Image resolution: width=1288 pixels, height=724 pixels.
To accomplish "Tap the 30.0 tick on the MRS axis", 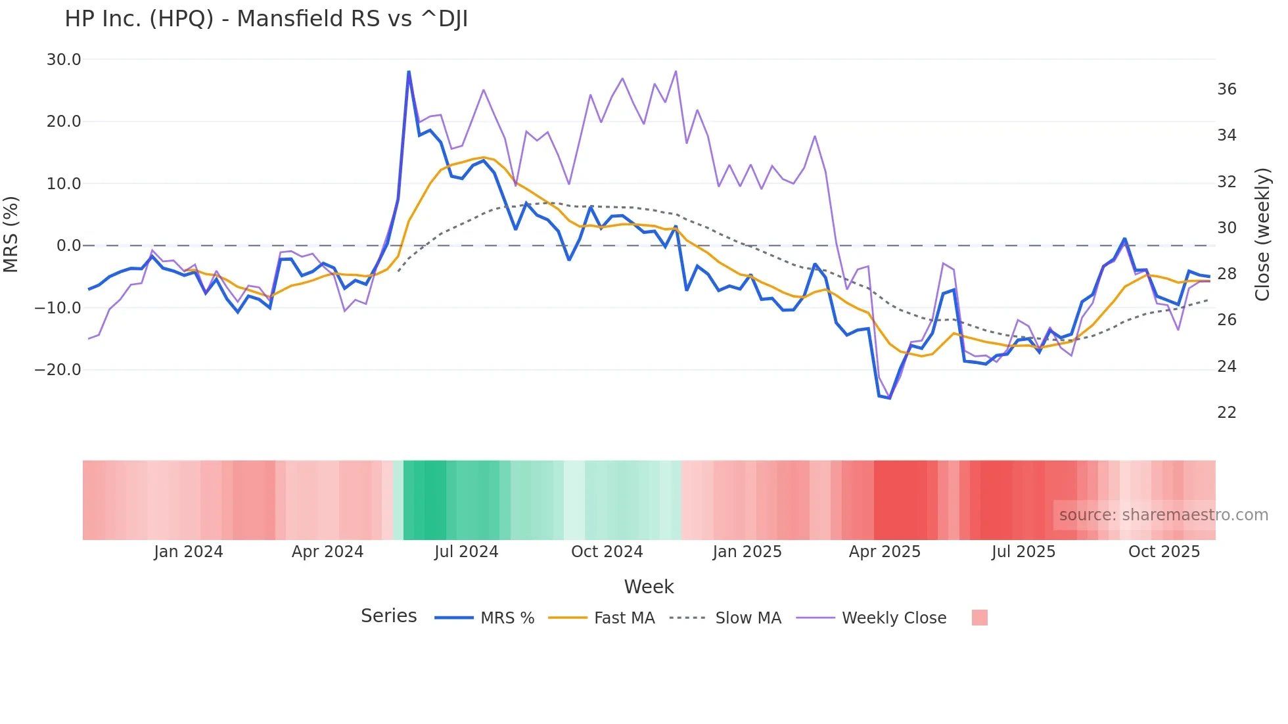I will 64,60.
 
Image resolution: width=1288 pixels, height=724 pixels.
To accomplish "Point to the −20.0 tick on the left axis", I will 58,370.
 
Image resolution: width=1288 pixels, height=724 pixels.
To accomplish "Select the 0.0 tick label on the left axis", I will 68,246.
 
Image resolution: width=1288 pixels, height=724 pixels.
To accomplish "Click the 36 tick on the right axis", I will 1226,89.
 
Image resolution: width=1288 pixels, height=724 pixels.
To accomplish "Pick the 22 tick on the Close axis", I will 1226,413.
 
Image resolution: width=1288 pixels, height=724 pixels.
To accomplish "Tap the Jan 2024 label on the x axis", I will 189,552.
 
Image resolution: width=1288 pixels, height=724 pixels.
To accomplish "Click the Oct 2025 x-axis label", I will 1164,552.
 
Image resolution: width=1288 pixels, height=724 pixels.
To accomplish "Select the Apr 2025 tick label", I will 885,552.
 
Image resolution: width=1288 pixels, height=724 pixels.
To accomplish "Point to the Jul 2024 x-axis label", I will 466,552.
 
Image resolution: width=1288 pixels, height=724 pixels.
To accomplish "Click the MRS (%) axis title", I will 11,234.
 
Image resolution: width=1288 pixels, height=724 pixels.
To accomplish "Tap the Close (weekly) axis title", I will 1262,235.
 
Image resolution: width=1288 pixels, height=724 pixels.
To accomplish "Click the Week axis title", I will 649,587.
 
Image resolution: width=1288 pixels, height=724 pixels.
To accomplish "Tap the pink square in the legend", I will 979,618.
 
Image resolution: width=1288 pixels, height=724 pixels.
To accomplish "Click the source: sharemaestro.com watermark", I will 1163,515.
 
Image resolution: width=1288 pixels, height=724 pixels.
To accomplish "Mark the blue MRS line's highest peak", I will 409,72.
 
